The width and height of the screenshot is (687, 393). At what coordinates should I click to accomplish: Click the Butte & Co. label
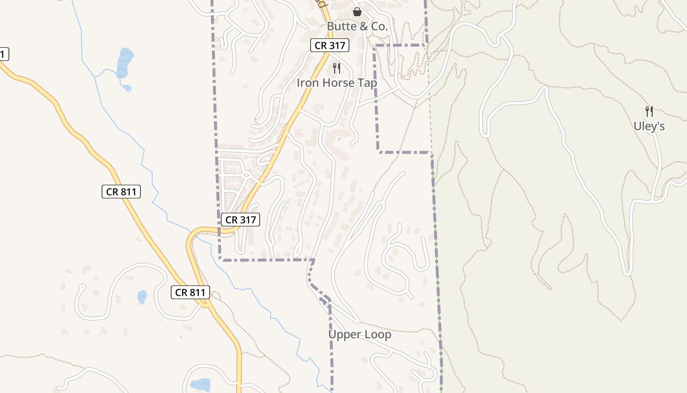357,27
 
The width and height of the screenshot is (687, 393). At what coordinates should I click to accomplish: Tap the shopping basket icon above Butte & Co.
357,11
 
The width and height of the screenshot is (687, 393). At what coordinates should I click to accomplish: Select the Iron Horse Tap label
337,83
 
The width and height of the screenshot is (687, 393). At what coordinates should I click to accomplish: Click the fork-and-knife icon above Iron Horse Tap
337,68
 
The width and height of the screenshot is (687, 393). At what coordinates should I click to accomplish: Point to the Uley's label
649,126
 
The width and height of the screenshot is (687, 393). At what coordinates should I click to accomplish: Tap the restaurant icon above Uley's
649,112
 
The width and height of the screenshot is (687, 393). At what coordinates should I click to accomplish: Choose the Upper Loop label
360,335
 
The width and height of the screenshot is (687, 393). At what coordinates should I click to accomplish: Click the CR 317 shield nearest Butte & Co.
330,46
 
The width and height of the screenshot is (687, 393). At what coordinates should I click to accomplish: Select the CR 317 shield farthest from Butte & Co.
240,220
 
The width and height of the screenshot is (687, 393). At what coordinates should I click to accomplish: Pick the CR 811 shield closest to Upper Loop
190,292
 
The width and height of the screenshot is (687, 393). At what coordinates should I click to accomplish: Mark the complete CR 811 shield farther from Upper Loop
121,192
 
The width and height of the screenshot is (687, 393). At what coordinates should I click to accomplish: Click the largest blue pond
125,62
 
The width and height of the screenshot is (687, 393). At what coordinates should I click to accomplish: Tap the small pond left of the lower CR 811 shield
142,297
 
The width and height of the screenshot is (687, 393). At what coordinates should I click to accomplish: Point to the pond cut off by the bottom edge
200,385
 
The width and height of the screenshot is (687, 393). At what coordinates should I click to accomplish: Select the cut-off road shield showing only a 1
4,54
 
